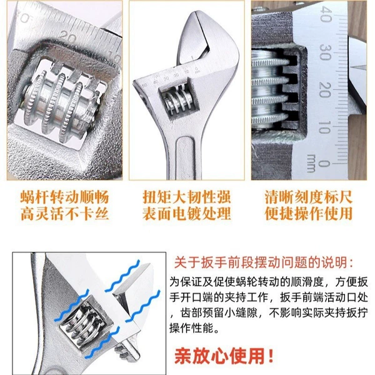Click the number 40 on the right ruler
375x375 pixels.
click(x=326, y=15)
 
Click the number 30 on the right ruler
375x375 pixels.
click(x=325, y=52)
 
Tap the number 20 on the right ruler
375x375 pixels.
click(x=325, y=90)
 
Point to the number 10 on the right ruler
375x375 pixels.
click(x=325, y=127)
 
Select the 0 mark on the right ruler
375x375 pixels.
click(x=324, y=163)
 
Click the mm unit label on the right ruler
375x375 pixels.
click(x=311, y=163)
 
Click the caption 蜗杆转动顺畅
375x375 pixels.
click(x=64, y=197)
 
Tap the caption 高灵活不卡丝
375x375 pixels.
click(x=64, y=214)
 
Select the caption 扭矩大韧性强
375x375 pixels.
click(x=187, y=197)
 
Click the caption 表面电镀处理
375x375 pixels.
click(x=187, y=214)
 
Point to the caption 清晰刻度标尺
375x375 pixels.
click(x=309, y=197)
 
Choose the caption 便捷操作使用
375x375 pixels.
click(x=309, y=214)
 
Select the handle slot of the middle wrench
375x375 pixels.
click(x=185, y=158)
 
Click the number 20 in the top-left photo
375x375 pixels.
click(x=67, y=37)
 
